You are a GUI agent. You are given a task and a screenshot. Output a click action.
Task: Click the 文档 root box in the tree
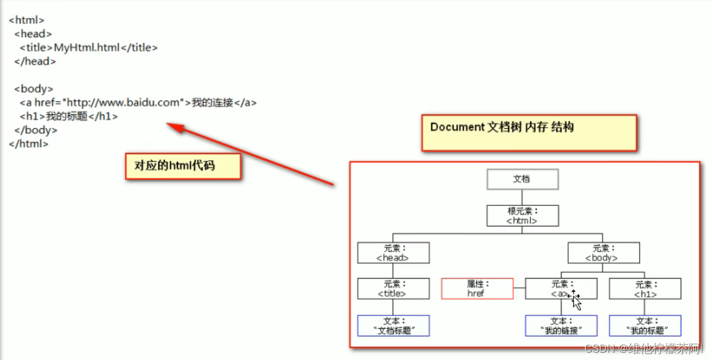click(522, 179)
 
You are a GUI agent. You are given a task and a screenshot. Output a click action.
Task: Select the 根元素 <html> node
click(522, 216)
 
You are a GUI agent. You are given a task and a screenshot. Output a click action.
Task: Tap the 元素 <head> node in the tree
click(393, 253)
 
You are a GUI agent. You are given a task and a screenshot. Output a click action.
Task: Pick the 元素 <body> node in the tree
click(603, 253)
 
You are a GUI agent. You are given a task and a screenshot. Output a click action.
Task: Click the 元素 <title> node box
click(393, 289)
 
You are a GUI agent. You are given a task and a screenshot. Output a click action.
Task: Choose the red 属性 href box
click(477, 289)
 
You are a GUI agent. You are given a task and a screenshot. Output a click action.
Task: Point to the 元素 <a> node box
click(561, 289)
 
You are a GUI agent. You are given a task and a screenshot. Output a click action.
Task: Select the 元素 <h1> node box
click(645, 289)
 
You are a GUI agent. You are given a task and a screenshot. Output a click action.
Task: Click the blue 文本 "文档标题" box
click(393, 326)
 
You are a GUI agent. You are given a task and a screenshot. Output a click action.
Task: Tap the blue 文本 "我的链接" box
click(561, 326)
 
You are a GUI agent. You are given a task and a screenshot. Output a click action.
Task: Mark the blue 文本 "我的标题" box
click(645, 326)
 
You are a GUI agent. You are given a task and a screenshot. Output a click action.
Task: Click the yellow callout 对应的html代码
click(183, 166)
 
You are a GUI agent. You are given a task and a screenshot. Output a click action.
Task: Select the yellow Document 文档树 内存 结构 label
click(529, 132)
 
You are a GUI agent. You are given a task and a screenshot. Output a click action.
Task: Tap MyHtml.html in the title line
click(87, 48)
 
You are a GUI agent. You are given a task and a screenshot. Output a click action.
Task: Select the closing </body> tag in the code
click(36, 130)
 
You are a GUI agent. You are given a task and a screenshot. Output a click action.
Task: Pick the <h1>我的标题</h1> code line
click(69, 116)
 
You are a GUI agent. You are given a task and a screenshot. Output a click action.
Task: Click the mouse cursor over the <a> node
click(575, 299)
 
